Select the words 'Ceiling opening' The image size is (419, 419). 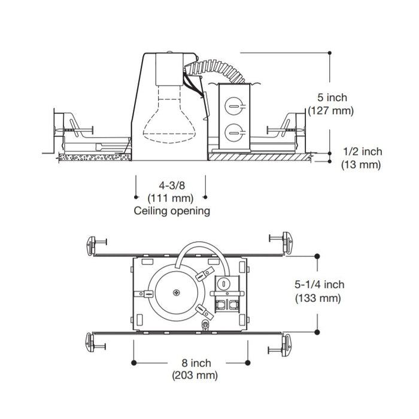click(171, 211)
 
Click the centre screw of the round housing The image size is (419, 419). click(177, 293)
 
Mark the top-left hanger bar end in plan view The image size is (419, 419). click(93, 243)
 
